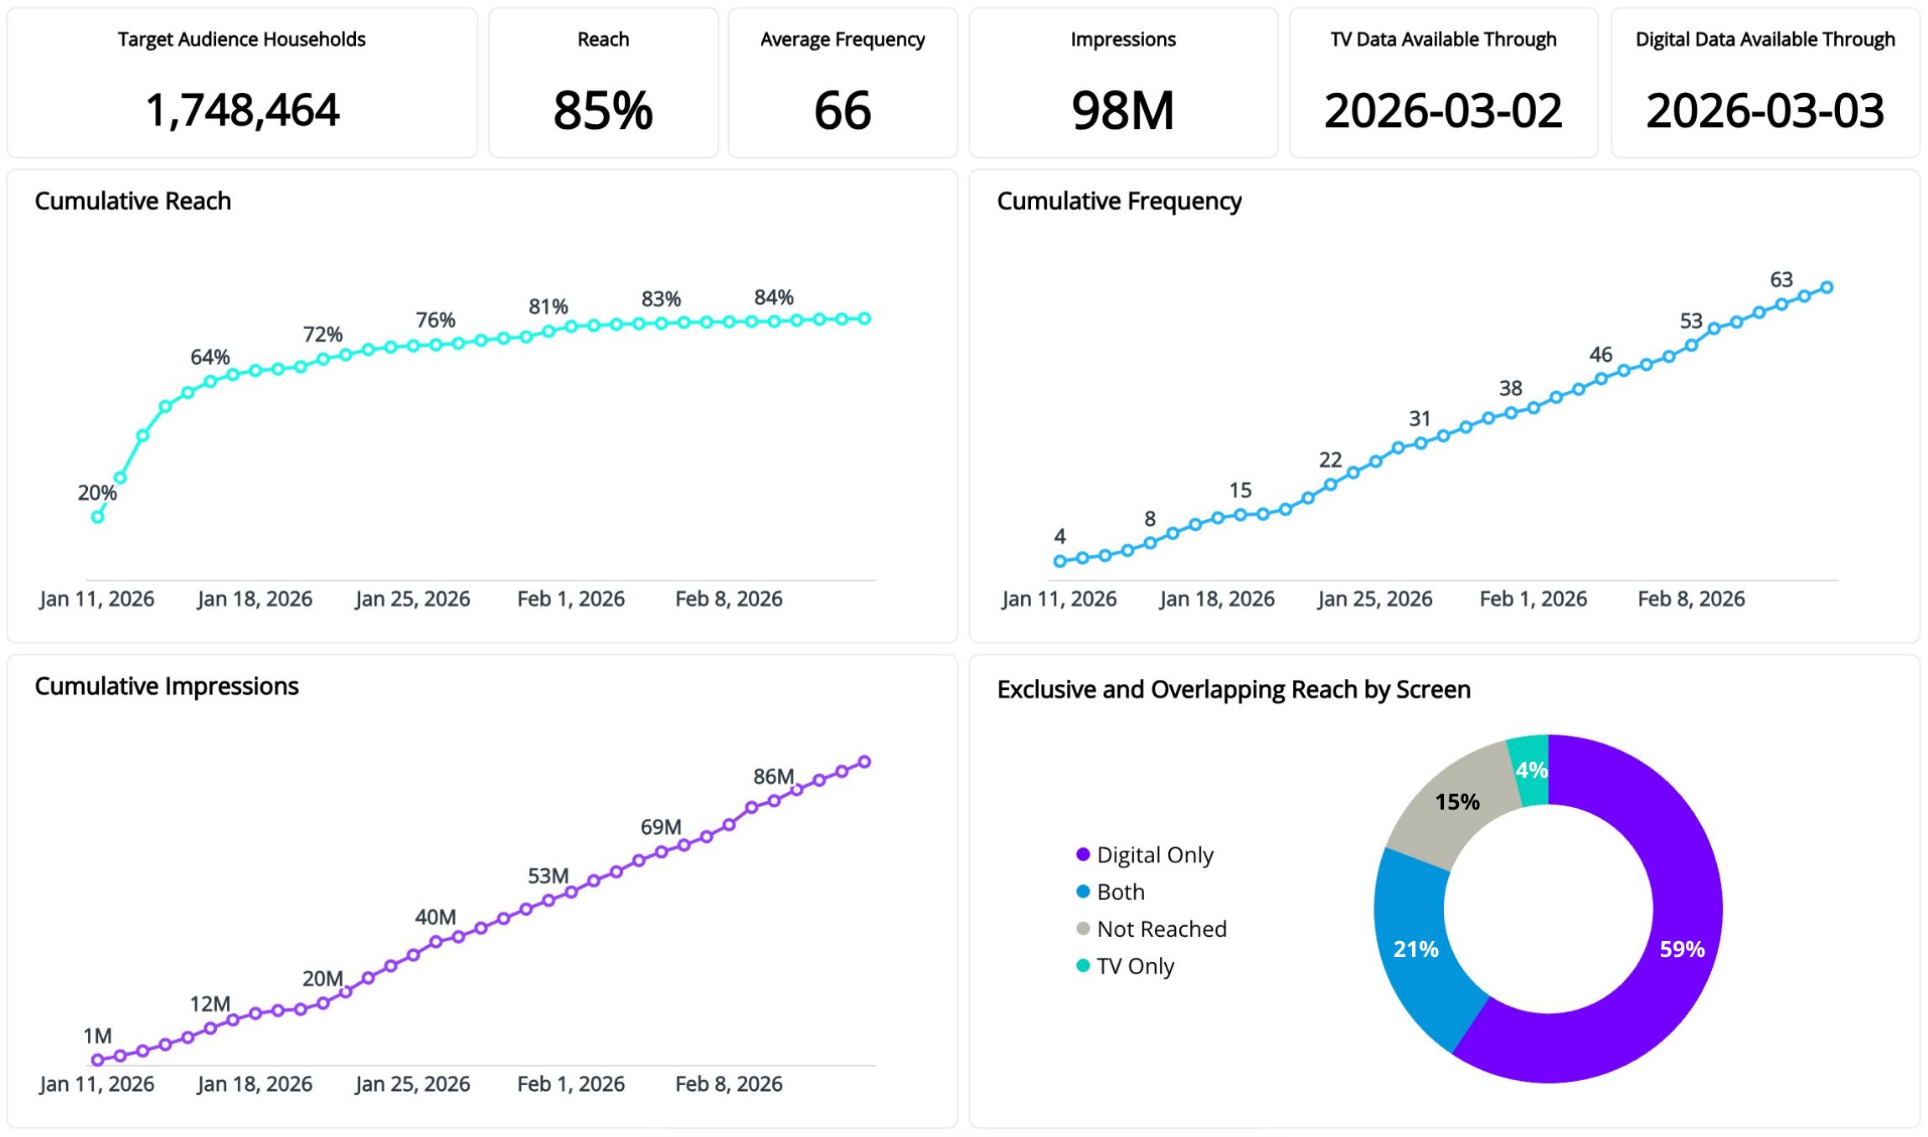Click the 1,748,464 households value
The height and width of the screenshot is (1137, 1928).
tap(242, 111)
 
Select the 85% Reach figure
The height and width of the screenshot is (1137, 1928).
tap(603, 111)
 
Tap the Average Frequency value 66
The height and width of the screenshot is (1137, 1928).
tap(843, 111)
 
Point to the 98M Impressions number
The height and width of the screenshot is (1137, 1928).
tap(1123, 111)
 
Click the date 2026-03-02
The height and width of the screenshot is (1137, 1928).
tap(1443, 111)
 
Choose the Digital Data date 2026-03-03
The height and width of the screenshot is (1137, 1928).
tap(1765, 111)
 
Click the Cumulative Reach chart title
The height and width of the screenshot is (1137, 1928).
tap(133, 201)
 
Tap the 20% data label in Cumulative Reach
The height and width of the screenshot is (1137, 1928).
tap(97, 493)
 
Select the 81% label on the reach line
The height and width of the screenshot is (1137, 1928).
tap(549, 306)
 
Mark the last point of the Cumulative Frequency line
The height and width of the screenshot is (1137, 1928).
tap(1827, 287)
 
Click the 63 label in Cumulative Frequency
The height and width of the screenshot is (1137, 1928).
tap(1781, 280)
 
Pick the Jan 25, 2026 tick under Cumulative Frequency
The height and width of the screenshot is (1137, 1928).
tap(1374, 599)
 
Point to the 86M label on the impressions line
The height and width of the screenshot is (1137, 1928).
tap(773, 776)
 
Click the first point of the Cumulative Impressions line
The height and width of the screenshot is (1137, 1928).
tap(98, 1060)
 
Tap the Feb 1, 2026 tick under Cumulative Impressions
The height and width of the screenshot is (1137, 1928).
tap(570, 1083)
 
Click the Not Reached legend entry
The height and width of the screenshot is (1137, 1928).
tap(1161, 929)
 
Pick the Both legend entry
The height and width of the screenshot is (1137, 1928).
tap(1120, 892)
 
